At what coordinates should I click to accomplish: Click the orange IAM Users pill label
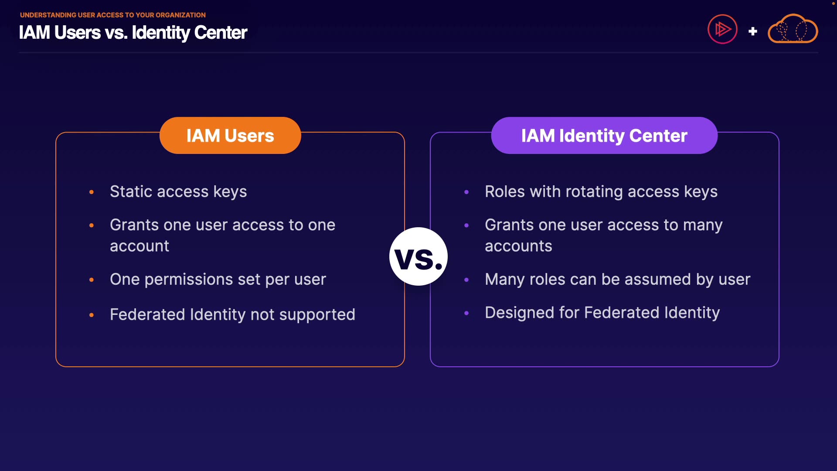pos(230,136)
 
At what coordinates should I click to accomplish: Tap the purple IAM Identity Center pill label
pos(604,136)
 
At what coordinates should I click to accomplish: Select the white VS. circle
pos(418,257)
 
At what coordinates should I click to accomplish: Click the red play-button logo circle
pos(722,30)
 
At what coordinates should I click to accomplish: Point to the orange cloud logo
pos(793,30)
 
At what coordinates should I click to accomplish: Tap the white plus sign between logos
pos(752,31)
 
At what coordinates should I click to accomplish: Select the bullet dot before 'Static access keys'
pos(92,192)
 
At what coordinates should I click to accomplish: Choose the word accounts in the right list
pos(518,246)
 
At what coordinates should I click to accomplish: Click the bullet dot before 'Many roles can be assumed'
pos(466,280)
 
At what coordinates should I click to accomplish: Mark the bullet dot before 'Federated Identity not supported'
pos(92,315)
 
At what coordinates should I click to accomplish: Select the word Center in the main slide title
pos(221,33)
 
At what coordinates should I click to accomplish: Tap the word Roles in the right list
pos(505,192)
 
